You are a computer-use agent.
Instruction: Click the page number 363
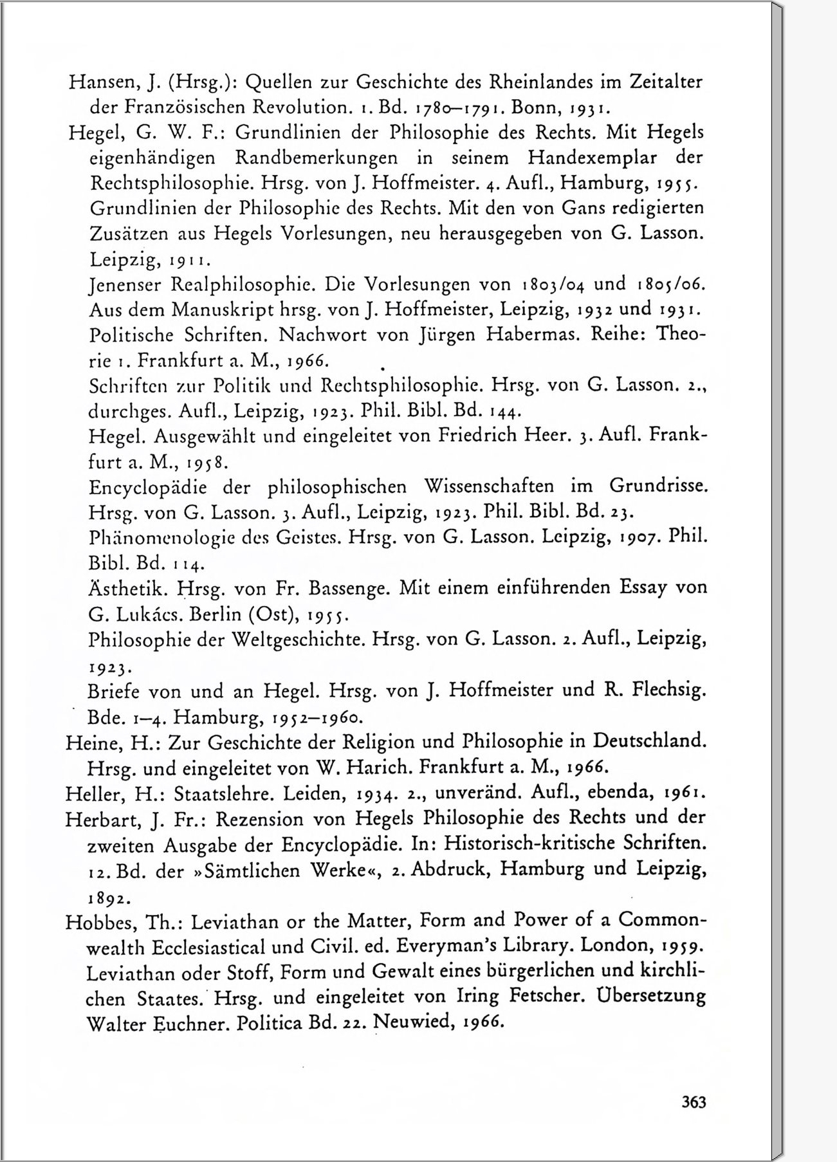click(x=694, y=1102)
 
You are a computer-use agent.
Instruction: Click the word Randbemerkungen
click(x=316, y=158)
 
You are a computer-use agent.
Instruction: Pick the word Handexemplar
click(x=592, y=158)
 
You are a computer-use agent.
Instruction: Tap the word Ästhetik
click(x=126, y=587)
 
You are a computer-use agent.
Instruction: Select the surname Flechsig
click(x=668, y=690)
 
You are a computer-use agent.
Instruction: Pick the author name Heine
click(x=94, y=743)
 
